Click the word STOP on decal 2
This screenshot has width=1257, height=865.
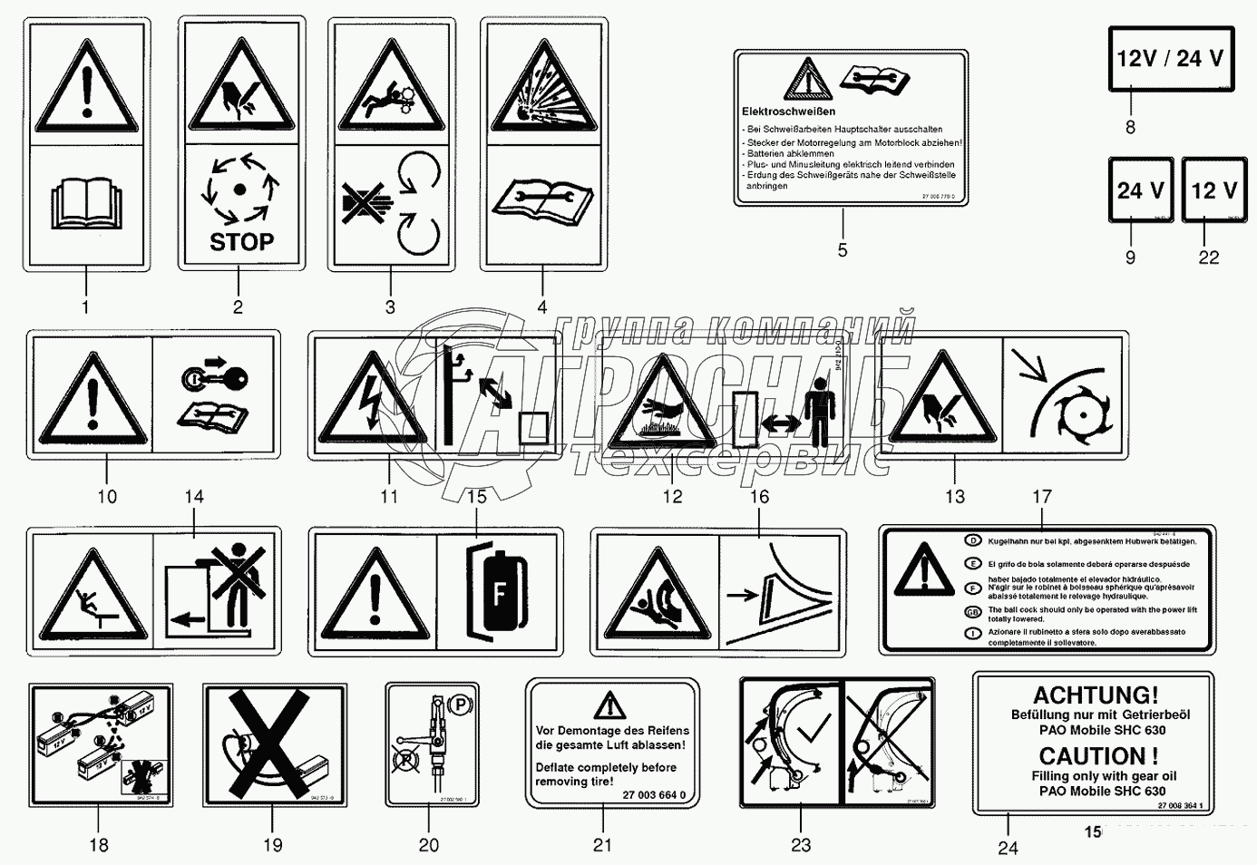tap(241, 241)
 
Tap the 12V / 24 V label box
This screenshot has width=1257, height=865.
tap(1170, 59)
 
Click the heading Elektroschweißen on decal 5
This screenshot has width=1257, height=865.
tap(788, 112)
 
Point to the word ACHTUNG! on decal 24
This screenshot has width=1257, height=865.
tap(1096, 695)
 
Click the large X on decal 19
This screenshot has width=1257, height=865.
tap(274, 744)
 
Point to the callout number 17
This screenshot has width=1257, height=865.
tap(1041, 497)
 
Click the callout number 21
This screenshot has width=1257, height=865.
tap(602, 845)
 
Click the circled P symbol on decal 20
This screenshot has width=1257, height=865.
tap(461, 704)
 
